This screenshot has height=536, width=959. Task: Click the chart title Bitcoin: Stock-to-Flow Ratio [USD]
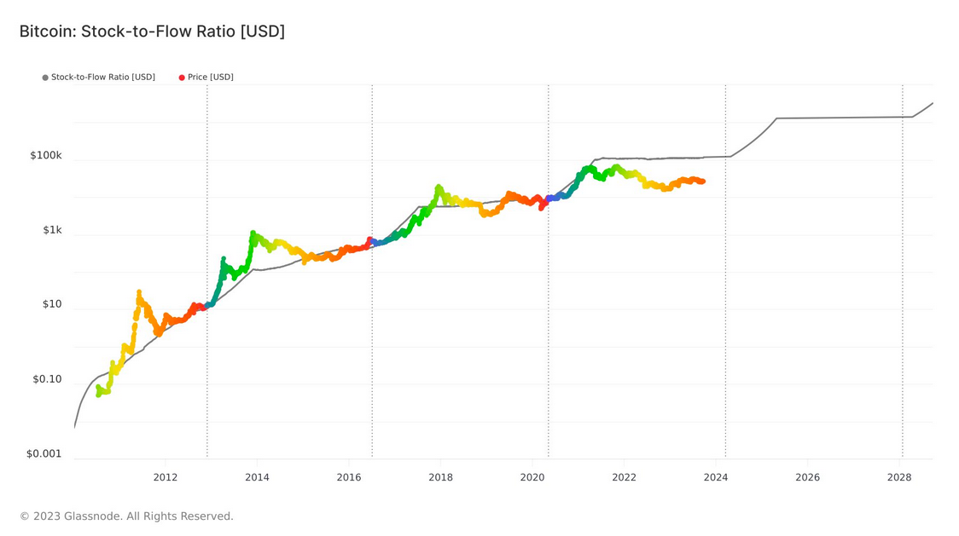(x=152, y=32)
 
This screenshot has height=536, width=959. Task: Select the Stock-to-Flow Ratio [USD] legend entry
(x=102, y=78)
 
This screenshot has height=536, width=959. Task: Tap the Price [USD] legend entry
(x=210, y=78)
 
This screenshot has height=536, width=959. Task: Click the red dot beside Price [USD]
(x=182, y=78)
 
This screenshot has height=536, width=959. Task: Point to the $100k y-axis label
(x=46, y=156)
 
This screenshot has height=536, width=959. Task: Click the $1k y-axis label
(x=50, y=230)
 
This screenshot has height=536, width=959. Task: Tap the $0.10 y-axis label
(x=47, y=379)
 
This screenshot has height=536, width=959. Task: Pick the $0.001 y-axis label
(x=44, y=454)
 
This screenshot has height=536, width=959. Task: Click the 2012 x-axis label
(x=166, y=477)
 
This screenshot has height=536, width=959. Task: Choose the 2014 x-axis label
(x=257, y=477)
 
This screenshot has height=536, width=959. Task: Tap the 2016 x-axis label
(x=348, y=477)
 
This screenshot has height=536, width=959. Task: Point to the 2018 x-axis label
(x=440, y=477)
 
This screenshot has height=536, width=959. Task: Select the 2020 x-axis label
(x=532, y=477)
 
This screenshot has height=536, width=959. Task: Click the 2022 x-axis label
(x=624, y=477)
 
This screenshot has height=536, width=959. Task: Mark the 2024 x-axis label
(x=715, y=477)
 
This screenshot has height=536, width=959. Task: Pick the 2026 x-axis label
(x=807, y=477)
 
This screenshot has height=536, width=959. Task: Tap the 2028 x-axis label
(x=898, y=477)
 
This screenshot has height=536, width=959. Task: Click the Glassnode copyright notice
(x=126, y=516)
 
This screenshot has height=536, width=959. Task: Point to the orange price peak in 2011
(x=139, y=292)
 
